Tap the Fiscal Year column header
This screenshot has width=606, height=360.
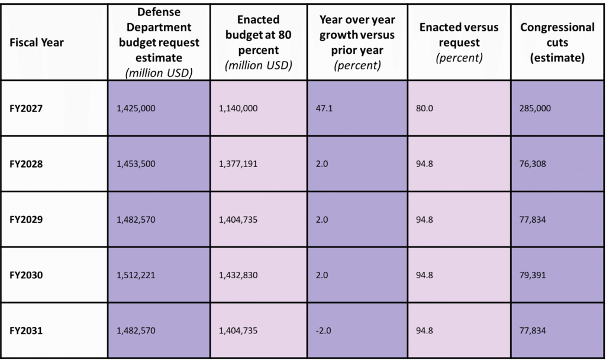(37, 43)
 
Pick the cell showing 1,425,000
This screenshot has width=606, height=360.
(136, 108)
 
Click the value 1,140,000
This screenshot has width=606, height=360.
(238, 108)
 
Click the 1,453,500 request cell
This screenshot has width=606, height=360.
(136, 164)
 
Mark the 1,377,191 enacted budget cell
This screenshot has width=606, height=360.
(238, 164)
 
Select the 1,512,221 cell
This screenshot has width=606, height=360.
(136, 275)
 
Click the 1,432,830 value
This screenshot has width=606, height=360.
(238, 275)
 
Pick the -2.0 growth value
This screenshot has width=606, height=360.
(323, 331)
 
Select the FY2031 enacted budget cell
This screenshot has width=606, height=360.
(238, 331)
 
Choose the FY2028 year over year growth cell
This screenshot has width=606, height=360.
(321, 164)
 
